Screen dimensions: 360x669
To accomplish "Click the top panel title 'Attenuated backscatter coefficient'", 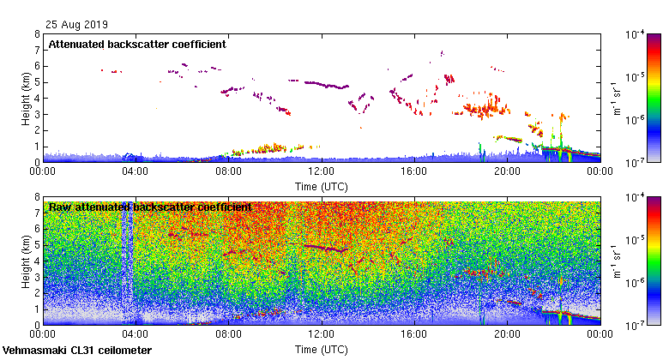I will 137,44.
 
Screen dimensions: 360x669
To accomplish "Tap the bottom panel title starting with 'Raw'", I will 150,207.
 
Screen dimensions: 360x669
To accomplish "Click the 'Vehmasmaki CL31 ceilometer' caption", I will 77,351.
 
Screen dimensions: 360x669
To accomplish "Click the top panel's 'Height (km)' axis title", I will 26,99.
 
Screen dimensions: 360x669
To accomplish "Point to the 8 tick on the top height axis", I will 37,35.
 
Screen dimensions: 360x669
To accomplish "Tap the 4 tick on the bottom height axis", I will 37,261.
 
